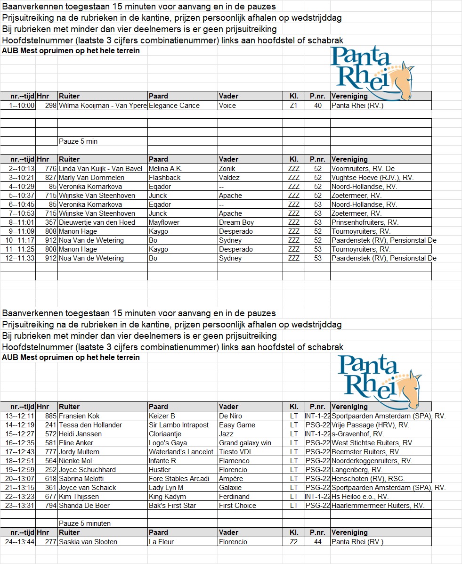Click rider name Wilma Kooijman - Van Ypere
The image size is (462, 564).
[103, 106]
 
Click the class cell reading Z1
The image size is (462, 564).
[293, 106]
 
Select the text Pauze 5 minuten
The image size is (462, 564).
[85, 523]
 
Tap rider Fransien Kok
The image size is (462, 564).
[79, 416]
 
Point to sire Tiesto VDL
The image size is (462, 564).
[236, 452]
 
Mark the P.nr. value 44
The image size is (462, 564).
[318, 542]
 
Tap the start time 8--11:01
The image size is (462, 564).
[19, 222]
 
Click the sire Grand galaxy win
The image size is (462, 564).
[245, 443]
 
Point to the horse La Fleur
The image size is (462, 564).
[161, 542]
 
